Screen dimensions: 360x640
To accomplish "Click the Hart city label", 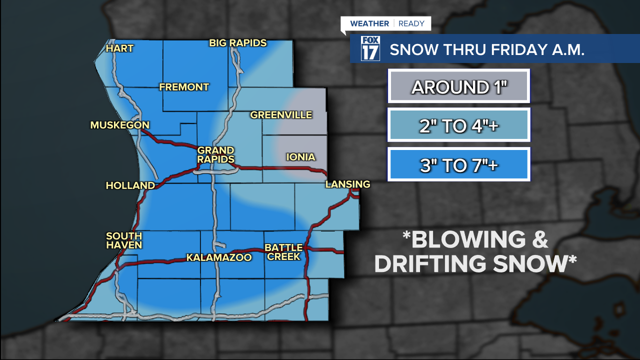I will (120, 48).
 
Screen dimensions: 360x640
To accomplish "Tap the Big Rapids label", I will (238, 43).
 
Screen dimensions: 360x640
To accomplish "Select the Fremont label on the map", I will (184, 87).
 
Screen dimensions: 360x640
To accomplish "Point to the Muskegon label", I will (120, 125).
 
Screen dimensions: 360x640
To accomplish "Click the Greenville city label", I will (281, 115).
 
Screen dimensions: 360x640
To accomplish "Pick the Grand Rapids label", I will (216, 154).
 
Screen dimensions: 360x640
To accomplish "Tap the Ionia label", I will (300, 157).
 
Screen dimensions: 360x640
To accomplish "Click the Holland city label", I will (130, 185).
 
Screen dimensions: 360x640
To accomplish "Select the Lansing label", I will (347, 184).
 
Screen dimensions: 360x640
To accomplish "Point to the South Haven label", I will (124, 240).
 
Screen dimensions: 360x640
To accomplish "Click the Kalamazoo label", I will (219, 258).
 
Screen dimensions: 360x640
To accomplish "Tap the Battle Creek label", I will (283, 252).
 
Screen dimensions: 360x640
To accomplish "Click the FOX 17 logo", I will (370, 48).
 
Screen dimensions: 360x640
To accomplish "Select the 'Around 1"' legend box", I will (458, 87).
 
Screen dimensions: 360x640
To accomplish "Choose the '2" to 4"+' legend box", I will (458, 126).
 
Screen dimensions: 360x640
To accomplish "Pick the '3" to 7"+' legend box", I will (458, 165).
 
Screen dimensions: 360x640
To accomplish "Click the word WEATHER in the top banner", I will (369, 23).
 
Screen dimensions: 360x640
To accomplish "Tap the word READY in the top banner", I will (411, 23).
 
